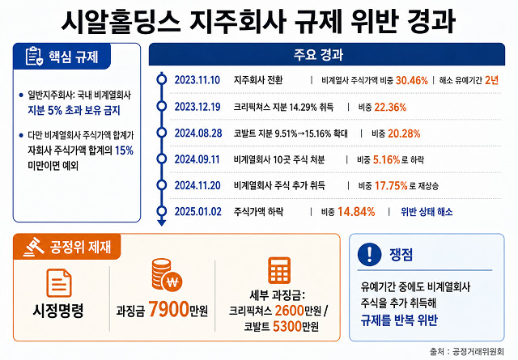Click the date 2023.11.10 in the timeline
pyautogui.click(x=197, y=80)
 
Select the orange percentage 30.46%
pyautogui.click(x=411, y=80)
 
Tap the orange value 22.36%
pyautogui.click(x=390, y=108)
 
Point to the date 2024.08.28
pyautogui.click(x=198, y=133)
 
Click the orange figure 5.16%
pyautogui.click(x=386, y=160)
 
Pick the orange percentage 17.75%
pyautogui.click(x=391, y=186)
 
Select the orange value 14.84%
pyautogui.click(x=356, y=212)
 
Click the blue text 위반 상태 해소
pyautogui.click(x=427, y=212)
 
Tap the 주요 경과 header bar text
pyautogui.click(x=318, y=54)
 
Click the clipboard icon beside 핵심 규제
pyautogui.click(x=34, y=56)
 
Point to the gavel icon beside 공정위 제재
pyautogui.click(x=33, y=248)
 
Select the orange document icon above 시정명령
pyautogui.click(x=59, y=283)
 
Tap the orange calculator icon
pyautogui.click(x=279, y=270)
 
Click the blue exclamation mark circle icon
pyautogui.click(x=369, y=254)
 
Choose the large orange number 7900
pyautogui.click(x=168, y=310)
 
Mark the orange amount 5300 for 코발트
pyautogui.click(x=287, y=327)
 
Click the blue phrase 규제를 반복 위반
pyautogui.click(x=399, y=320)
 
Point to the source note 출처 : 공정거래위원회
pyautogui.click(x=467, y=351)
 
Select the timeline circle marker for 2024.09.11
pyautogui.click(x=162, y=159)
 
